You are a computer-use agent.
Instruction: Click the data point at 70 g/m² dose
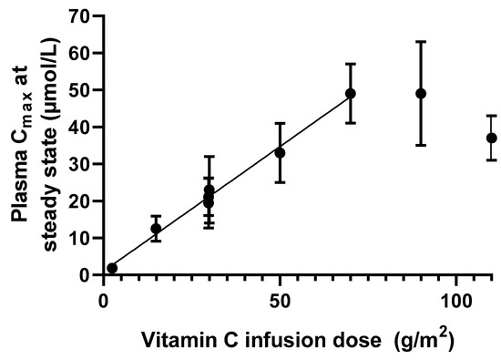(x=351, y=93)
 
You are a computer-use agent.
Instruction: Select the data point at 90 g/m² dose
(x=421, y=93)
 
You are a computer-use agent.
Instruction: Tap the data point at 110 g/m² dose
(x=492, y=138)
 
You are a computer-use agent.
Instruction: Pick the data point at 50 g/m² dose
(x=280, y=152)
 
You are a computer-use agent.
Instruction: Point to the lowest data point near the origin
(x=112, y=268)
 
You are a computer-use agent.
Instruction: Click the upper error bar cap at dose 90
(x=421, y=42)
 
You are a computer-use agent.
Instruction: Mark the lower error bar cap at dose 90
(x=421, y=145)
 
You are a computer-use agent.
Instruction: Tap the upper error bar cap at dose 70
(x=351, y=64)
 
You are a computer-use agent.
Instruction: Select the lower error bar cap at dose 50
(x=280, y=182)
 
